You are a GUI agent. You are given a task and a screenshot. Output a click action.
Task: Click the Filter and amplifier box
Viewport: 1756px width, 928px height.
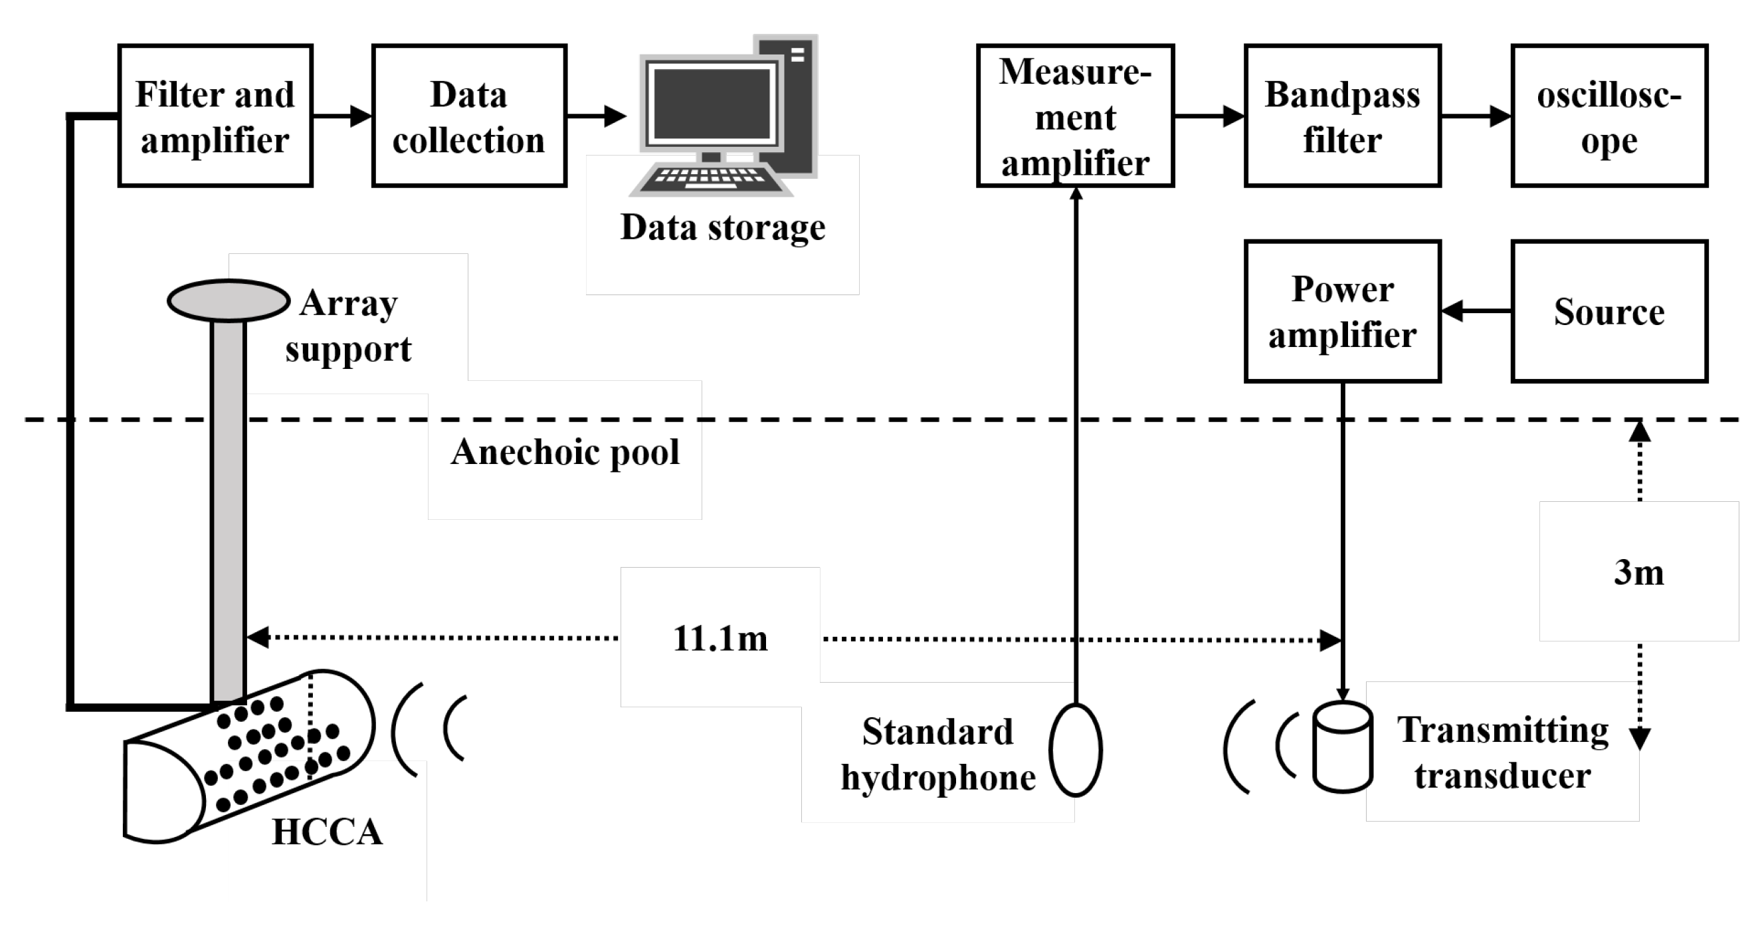(215, 116)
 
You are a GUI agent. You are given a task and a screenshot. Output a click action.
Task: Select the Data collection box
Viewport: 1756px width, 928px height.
(469, 116)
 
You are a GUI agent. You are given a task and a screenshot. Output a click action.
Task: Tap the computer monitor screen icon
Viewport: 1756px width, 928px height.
(711, 104)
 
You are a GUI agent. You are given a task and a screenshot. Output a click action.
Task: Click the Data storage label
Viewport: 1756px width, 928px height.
(723, 227)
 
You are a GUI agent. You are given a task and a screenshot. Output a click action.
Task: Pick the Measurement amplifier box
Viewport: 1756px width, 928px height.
(1075, 116)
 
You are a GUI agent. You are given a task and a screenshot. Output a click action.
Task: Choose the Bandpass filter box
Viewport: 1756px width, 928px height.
(1342, 116)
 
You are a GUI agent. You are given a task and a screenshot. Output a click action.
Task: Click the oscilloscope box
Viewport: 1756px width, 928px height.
(1609, 116)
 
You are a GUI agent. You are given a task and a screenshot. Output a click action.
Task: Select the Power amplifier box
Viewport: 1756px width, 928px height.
(1342, 312)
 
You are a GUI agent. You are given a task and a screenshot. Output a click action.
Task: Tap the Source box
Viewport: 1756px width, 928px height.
(1609, 312)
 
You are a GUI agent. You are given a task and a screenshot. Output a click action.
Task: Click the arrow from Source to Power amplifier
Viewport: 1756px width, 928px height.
(1476, 312)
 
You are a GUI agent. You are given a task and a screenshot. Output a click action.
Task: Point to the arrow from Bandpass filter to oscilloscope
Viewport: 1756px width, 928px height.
(1476, 116)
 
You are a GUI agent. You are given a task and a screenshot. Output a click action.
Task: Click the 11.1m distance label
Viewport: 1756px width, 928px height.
(720, 639)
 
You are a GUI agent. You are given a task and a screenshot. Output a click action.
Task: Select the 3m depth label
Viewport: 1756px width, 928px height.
(1639, 572)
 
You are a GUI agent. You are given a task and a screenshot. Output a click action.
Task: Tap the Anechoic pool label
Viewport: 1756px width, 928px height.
(565, 451)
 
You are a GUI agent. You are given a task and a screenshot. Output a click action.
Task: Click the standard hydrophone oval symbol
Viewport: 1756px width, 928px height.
(1076, 750)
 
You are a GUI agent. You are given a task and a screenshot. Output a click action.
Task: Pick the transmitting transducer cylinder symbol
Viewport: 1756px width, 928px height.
(1342, 748)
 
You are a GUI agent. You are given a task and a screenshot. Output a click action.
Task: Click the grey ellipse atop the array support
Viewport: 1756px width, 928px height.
(229, 300)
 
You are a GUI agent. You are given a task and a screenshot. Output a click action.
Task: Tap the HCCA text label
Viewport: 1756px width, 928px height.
(327, 832)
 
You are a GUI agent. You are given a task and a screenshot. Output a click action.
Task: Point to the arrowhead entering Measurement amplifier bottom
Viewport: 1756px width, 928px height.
(1076, 193)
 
